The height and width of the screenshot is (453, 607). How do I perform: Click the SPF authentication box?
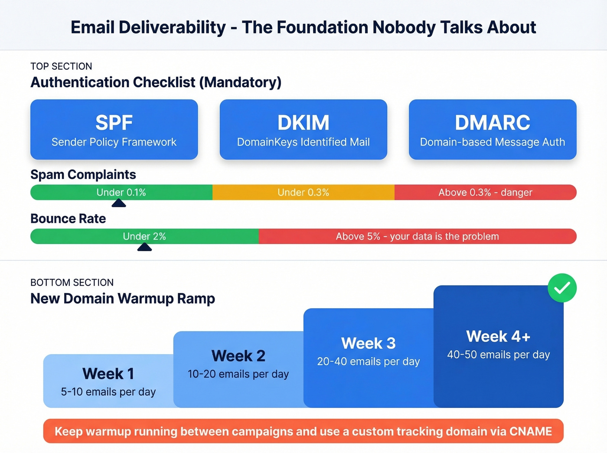114,130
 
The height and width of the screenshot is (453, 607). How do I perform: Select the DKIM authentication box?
303,130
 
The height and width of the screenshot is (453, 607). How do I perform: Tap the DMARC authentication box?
493,130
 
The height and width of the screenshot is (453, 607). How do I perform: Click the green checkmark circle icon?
562,288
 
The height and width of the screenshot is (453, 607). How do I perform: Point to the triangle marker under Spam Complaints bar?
118,203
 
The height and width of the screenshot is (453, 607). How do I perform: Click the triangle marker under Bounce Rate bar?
144,247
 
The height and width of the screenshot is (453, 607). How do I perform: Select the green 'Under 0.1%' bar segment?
121,192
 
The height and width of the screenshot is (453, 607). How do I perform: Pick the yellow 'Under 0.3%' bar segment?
303,192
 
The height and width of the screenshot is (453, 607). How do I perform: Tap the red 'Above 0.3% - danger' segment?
485,192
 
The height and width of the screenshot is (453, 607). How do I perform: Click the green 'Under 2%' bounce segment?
144,236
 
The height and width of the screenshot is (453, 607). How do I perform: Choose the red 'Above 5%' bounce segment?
417,236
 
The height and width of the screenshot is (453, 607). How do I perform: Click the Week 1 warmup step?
108,381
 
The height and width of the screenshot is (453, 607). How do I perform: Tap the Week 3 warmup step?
368,358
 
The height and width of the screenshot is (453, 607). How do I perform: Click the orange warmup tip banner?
303,431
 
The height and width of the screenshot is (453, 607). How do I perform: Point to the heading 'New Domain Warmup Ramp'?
123,298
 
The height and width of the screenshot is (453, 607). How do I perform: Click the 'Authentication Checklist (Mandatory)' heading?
156,82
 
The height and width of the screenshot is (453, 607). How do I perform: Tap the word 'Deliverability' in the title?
172,27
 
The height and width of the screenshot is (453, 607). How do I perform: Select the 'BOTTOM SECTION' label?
72,282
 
